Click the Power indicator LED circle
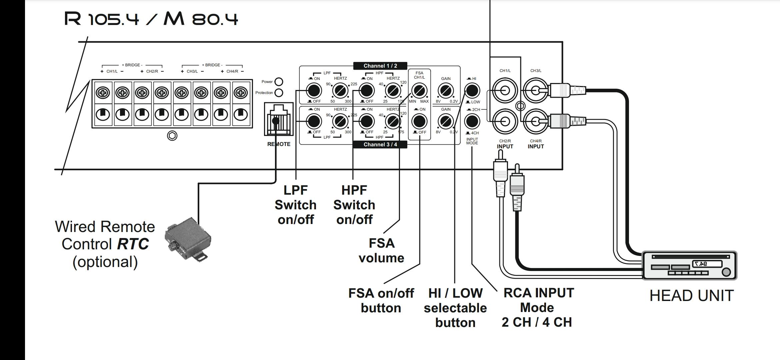click(279, 82)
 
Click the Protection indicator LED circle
click(279, 93)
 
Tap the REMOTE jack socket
click(279, 119)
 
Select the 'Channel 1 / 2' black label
click(380, 66)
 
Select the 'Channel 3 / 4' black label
click(380, 144)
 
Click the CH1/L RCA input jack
click(505, 90)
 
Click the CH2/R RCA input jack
click(505, 121)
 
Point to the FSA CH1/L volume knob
click(419, 90)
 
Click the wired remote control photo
click(188, 239)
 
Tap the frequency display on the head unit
click(707, 264)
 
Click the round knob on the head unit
click(726, 272)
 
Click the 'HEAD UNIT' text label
click(692, 296)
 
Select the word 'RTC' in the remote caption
click(133, 244)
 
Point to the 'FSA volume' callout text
click(381, 250)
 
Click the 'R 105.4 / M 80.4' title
click(151, 19)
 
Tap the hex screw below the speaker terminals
click(172, 136)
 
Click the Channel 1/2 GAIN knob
click(446, 90)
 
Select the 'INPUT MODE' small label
click(472, 141)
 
